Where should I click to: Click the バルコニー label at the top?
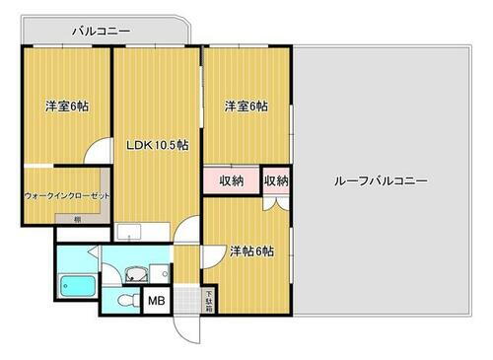coord(101,32)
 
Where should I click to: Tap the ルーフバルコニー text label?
coord(380,181)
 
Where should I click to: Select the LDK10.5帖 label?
coord(157,145)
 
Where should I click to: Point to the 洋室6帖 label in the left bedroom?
coord(66,107)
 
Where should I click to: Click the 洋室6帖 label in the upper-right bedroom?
coord(245,107)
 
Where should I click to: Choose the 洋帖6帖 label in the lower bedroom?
coord(251,252)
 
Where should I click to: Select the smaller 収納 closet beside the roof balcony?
coord(276,180)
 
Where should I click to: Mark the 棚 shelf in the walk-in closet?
coord(78,219)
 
